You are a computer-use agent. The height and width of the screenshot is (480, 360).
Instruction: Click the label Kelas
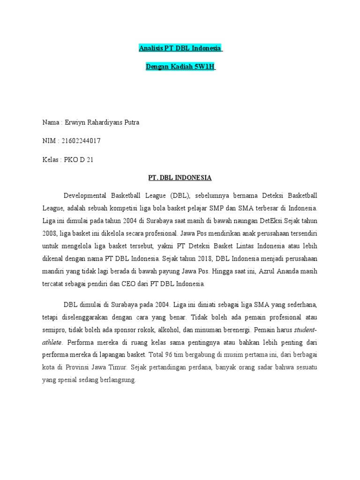pyautogui.click(x=51, y=159)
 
